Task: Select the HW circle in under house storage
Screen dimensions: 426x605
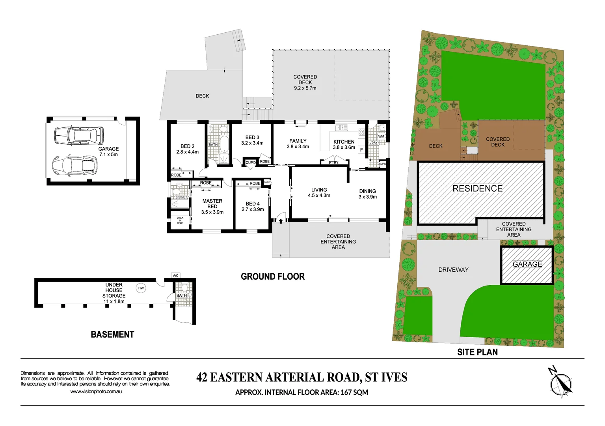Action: pos(141,288)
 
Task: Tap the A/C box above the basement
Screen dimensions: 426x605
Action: pos(176,275)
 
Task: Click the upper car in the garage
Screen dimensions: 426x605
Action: pos(79,135)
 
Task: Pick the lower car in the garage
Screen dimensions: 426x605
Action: pos(75,165)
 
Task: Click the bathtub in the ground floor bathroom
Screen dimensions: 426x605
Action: pos(223,144)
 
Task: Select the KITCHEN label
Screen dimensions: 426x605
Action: pos(344,142)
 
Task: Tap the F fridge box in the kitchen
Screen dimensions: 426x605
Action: pos(361,150)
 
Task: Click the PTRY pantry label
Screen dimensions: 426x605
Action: pos(333,163)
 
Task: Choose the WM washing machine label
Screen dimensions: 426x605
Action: pos(381,136)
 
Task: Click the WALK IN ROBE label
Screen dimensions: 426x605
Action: pos(180,220)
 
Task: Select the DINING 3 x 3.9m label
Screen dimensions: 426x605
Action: pos(367,194)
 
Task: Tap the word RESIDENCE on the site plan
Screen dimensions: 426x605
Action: pos(477,189)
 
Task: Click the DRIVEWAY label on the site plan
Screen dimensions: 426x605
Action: pos(453,270)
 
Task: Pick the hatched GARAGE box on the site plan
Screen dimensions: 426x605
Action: pos(527,265)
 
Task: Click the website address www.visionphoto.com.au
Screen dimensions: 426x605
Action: pos(96,392)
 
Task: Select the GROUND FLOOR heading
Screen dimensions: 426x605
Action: pos(273,277)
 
